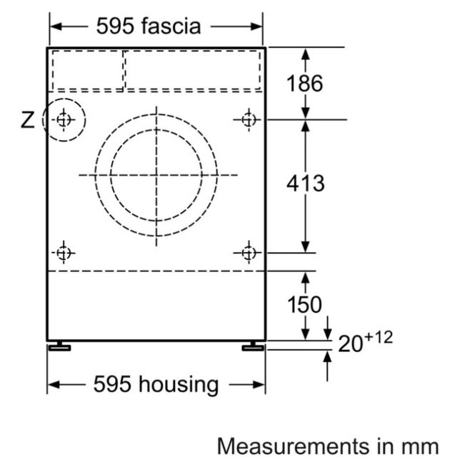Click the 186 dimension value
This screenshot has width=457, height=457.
click(305, 84)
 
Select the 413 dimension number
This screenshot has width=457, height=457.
click(306, 184)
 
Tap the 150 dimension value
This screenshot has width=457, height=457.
click(305, 305)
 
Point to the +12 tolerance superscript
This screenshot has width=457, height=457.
click(378, 338)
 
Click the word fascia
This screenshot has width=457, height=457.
click(171, 26)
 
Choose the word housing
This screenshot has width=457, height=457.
click(179, 385)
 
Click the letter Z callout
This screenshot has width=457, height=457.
click(27, 120)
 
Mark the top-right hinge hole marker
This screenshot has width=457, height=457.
click(248, 119)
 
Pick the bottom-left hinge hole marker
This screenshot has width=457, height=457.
click(64, 253)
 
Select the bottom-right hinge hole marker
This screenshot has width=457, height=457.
click(248, 253)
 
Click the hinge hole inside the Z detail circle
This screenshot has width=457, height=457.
click(64, 119)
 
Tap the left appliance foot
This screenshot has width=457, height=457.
click(59, 346)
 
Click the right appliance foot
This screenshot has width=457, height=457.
click(253, 346)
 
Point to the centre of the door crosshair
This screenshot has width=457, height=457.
click(156, 175)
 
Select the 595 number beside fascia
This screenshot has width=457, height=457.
click(116, 26)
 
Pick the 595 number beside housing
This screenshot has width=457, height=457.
click(112, 384)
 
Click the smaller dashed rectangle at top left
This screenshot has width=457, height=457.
click(88, 71)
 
